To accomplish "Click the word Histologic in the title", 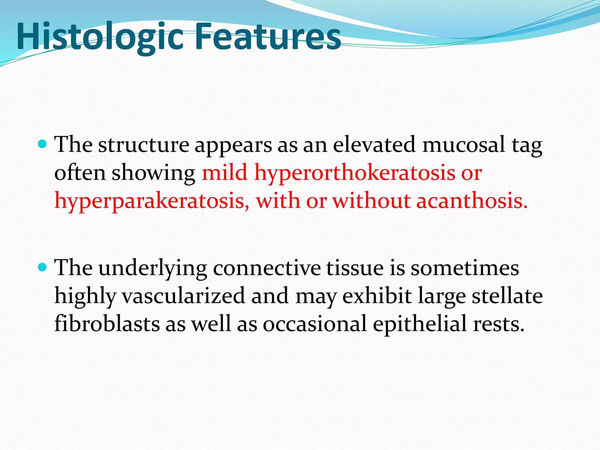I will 100,37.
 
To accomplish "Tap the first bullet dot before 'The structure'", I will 43,144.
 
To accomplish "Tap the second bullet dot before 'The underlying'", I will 43,267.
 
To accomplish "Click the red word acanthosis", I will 472,201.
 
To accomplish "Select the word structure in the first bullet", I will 144,145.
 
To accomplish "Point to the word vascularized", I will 183,296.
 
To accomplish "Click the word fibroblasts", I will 107,323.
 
